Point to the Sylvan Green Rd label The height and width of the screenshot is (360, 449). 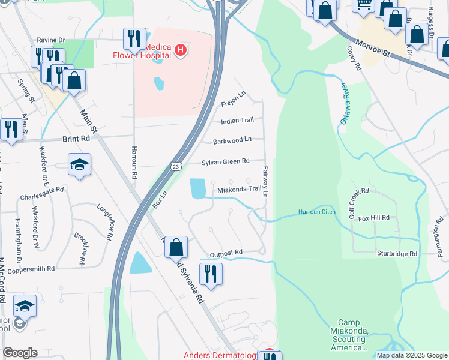click(x=225, y=161)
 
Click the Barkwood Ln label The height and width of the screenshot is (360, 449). click(x=232, y=141)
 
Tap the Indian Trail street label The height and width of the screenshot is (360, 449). click(x=237, y=121)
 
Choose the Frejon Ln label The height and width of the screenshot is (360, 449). click(x=234, y=98)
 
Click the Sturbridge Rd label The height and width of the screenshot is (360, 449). click(x=397, y=254)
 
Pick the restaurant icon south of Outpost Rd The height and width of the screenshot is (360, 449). click(x=210, y=274)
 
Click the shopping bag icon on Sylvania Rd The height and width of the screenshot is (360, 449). click(x=176, y=247)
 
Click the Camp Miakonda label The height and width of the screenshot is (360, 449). click(x=348, y=335)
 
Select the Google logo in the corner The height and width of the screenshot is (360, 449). click(x=20, y=353)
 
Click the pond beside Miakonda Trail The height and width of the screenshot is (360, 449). click(x=197, y=188)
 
